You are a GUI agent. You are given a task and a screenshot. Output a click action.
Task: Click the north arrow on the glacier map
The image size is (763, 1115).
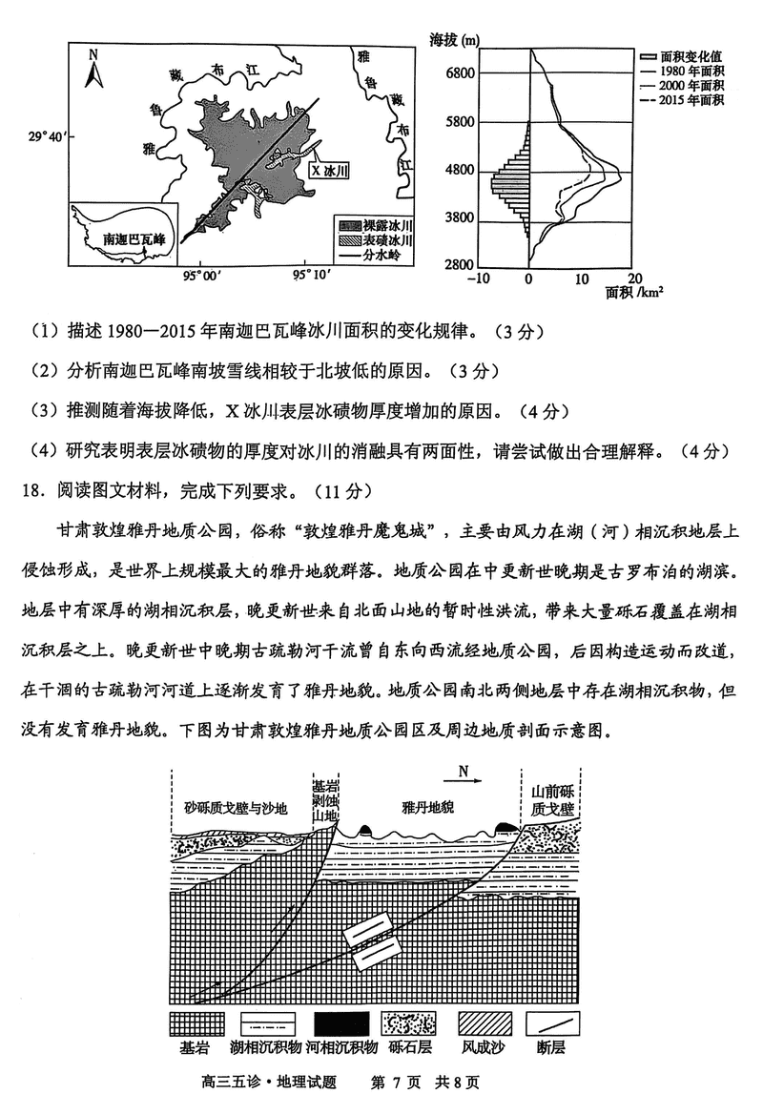(x=93, y=69)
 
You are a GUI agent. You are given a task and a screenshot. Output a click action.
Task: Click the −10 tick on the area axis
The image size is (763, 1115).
(x=479, y=279)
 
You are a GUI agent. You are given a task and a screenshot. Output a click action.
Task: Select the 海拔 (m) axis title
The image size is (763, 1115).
(x=455, y=40)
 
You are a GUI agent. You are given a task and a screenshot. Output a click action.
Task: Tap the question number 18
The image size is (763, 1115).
(x=31, y=491)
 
